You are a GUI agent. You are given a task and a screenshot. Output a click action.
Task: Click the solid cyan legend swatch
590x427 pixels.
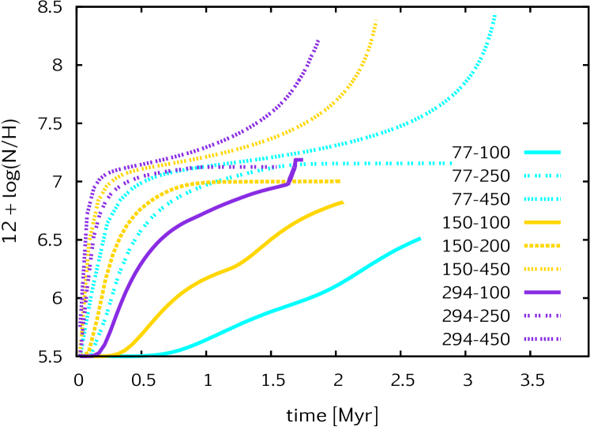(542, 153)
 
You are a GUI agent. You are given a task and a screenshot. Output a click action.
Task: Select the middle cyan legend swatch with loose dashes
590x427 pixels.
(542, 176)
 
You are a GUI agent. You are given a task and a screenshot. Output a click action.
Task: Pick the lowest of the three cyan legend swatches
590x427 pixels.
(542, 199)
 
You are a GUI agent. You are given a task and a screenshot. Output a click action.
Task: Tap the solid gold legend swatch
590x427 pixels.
(542, 222)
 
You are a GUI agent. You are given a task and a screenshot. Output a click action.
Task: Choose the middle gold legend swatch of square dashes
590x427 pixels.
(542, 246)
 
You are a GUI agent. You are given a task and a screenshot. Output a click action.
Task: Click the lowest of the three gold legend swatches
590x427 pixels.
(542, 269)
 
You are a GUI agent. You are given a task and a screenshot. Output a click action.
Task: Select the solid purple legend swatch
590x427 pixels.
(542, 293)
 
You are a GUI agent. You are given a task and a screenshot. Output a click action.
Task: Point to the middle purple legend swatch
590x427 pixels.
(542, 316)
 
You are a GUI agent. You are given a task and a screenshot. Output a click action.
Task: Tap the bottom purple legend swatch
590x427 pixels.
(542, 339)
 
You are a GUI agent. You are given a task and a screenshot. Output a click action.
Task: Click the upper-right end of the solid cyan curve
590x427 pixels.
(419, 238)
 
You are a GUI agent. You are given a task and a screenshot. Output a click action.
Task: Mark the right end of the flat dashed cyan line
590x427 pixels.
(450, 164)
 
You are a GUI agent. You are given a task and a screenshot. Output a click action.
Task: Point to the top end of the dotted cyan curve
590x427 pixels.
(494, 17)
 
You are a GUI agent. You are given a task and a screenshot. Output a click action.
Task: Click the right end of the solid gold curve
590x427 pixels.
(343, 202)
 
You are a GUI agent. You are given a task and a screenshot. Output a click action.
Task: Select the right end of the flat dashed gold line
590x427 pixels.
(338, 181)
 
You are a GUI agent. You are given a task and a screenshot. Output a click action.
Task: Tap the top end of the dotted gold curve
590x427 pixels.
(376, 21)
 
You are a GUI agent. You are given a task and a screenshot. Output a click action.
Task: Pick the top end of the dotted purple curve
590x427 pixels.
(318, 40)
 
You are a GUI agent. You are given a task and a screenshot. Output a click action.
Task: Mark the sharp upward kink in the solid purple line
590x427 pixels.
(287, 184)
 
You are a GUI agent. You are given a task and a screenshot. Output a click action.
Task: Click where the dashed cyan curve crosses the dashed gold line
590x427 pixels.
(207, 182)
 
